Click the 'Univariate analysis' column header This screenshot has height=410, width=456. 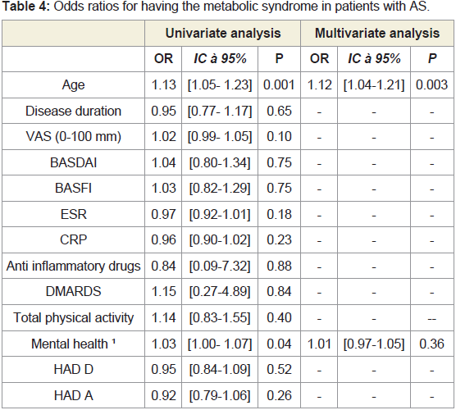(x=223, y=33)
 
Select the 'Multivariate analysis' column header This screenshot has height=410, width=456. (x=377, y=33)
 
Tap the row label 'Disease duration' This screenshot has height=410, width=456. (x=73, y=111)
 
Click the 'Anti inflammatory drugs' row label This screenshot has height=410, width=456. (x=73, y=266)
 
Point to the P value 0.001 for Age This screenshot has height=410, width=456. (x=279, y=85)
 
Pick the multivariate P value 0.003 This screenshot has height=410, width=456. (x=431, y=85)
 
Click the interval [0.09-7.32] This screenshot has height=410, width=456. (x=220, y=266)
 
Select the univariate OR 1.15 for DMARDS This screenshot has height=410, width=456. (x=164, y=292)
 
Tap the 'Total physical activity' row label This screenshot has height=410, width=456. (x=73, y=318)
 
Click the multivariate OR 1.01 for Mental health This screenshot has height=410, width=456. (x=319, y=344)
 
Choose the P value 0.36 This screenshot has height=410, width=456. (x=431, y=344)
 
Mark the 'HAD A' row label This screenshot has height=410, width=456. (x=73, y=396)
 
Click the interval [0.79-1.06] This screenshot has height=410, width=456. (x=220, y=396)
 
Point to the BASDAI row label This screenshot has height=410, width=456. (x=73, y=163)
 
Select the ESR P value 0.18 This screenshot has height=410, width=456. (x=279, y=215)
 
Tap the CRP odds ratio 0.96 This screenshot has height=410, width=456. (x=164, y=240)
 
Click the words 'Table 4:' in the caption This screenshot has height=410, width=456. (x=26, y=7)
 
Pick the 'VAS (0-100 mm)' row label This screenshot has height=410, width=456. (x=73, y=137)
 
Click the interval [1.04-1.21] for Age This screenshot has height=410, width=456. (x=374, y=85)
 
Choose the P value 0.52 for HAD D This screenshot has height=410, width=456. (x=279, y=370)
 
